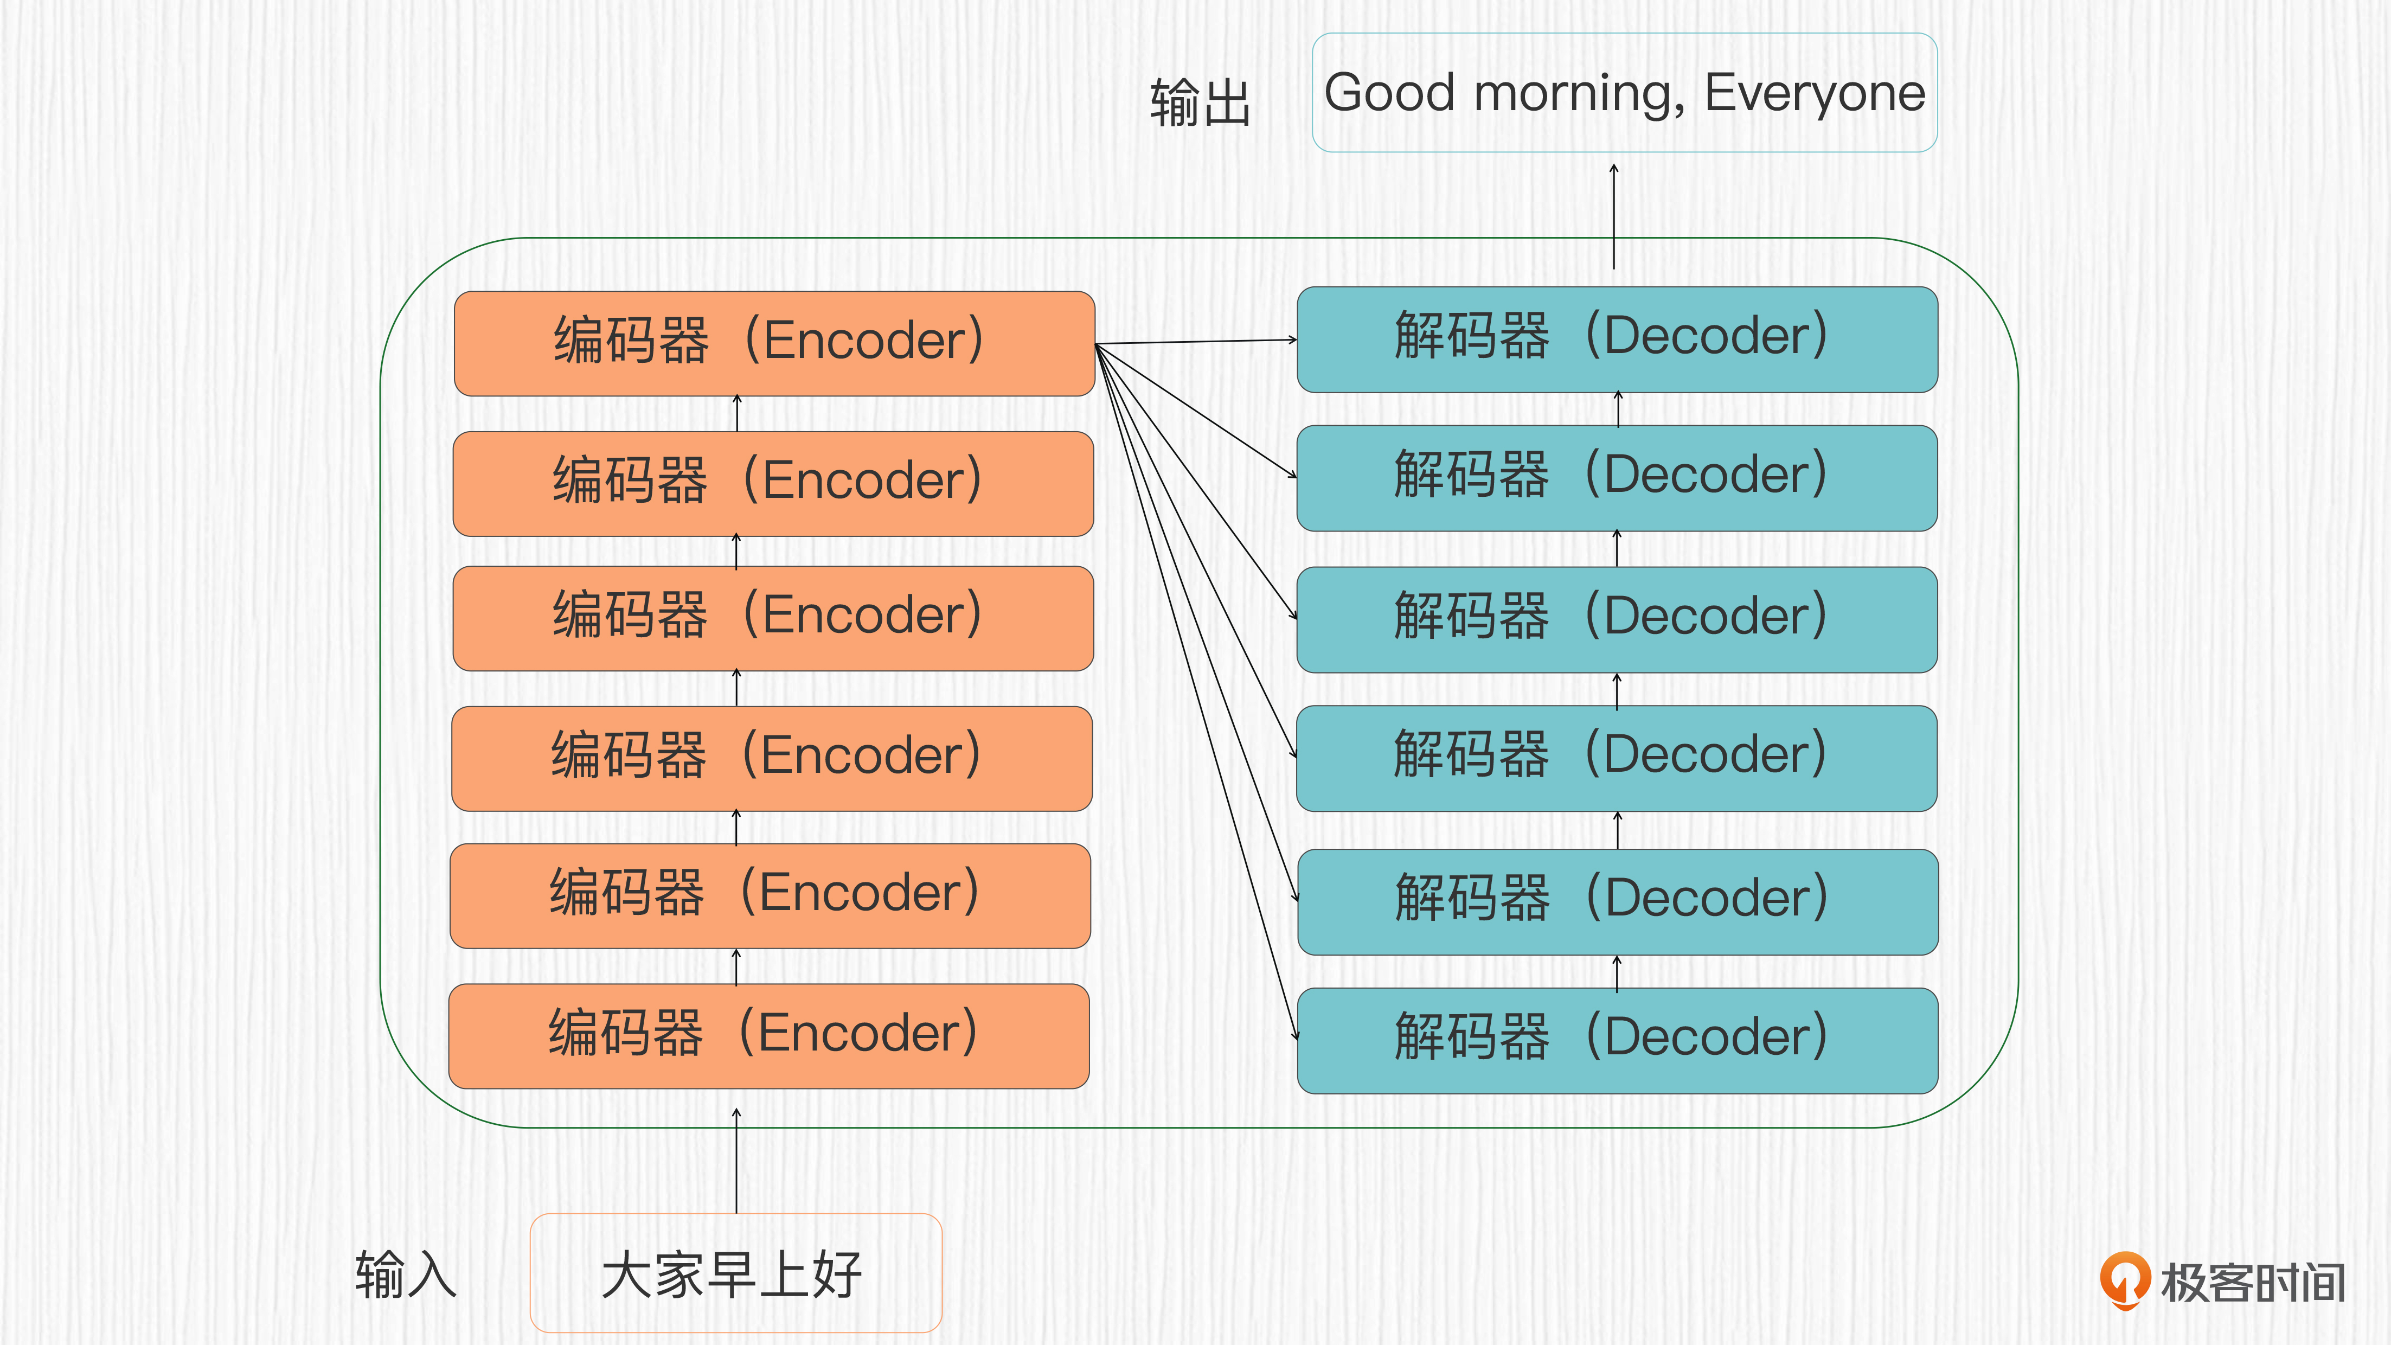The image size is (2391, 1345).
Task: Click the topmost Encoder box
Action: pyautogui.click(x=774, y=343)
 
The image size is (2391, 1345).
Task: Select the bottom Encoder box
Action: pyautogui.click(x=768, y=1036)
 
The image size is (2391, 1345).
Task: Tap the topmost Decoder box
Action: pyautogui.click(x=1617, y=340)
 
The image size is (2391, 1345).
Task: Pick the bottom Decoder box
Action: pyautogui.click(x=1617, y=1041)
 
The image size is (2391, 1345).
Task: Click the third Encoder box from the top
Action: pyautogui.click(x=773, y=618)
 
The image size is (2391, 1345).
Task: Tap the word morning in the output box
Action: pyautogui.click(x=1579, y=97)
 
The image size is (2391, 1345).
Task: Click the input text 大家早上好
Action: pyautogui.click(x=732, y=1274)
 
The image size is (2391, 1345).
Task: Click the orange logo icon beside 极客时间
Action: pyautogui.click(x=2125, y=1280)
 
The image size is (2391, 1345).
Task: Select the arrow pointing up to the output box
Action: pyautogui.click(x=1614, y=216)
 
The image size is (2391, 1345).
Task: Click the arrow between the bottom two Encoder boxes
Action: pyautogui.click(x=736, y=966)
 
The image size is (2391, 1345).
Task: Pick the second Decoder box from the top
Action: pyautogui.click(x=1617, y=478)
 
